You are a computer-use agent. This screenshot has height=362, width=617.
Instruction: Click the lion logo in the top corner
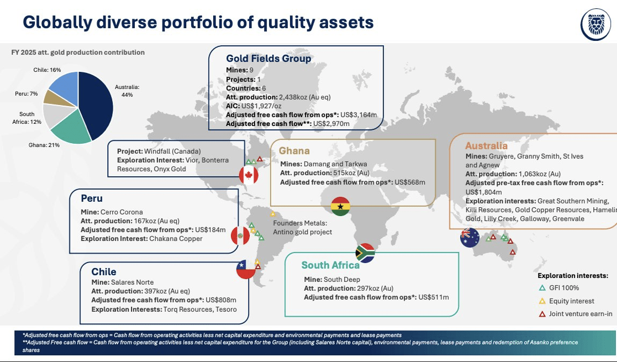(x=596, y=24)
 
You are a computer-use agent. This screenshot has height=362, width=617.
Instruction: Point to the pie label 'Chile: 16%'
(x=47, y=70)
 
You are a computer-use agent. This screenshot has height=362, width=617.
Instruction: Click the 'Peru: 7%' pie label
(x=27, y=94)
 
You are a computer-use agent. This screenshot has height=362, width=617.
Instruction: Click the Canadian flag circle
(x=249, y=175)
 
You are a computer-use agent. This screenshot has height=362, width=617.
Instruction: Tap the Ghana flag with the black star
(x=340, y=206)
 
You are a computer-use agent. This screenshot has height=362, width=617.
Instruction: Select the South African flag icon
(x=365, y=253)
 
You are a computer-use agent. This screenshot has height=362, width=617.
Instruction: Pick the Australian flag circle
(x=470, y=238)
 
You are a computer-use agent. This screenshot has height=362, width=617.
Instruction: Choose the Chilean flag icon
(x=246, y=270)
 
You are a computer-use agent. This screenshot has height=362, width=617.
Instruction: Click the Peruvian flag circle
(x=240, y=235)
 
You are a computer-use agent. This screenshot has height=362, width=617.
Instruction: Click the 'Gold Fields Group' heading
(x=268, y=58)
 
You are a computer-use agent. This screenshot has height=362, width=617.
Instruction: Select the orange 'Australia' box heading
(x=486, y=146)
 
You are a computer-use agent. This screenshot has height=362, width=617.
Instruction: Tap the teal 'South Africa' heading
(x=330, y=265)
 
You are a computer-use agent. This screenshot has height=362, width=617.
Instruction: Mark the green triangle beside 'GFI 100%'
(x=542, y=288)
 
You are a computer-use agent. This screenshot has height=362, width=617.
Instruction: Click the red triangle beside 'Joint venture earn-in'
(x=542, y=314)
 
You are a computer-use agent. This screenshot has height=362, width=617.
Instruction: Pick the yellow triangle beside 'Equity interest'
(x=542, y=301)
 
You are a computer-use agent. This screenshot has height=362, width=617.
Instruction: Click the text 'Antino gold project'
(x=303, y=232)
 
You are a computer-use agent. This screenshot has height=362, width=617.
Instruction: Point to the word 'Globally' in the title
(x=57, y=23)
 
